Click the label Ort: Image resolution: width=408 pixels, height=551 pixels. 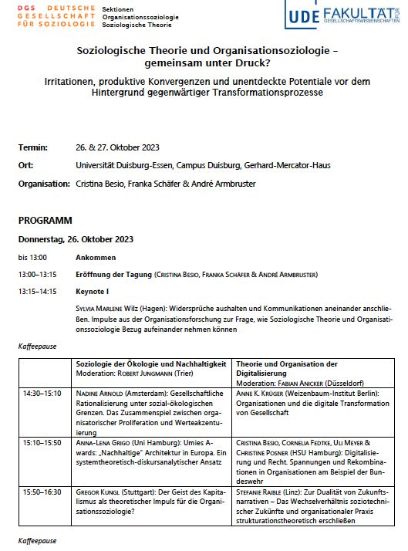click(x=25, y=165)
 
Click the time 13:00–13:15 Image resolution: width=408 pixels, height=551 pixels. click(x=38, y=274)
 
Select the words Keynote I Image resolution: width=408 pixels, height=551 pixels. click(x=93, y=292)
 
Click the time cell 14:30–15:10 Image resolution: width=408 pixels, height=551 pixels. click(x=42, y=392)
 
